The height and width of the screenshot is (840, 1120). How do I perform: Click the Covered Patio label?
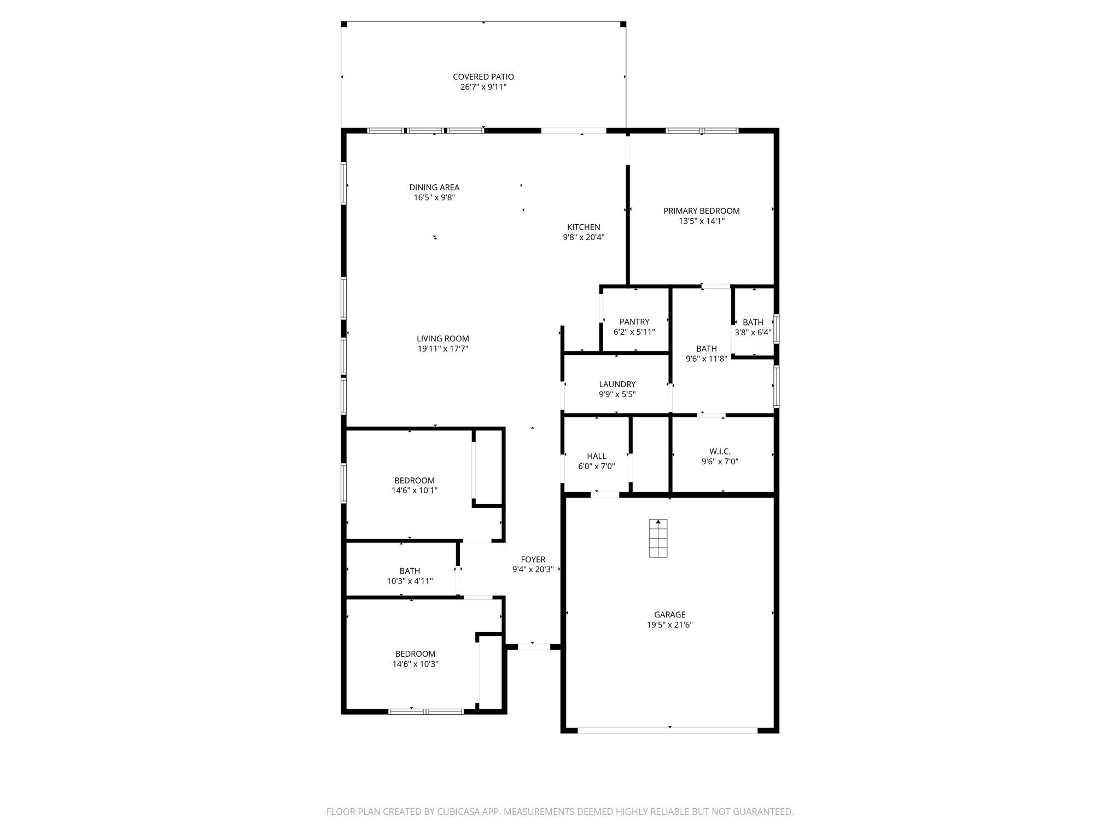coord(483,77)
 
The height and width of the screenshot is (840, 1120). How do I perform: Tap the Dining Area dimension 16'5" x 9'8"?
coord(434,197)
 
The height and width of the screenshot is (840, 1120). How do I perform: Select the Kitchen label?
coord(584,227)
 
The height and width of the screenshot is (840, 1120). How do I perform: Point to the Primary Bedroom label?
coord(701,211)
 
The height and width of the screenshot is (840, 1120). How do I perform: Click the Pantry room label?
coord(634,322)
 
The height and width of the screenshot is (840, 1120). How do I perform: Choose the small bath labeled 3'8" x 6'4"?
coord(753,327)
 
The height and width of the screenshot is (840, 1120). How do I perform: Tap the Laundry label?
coord(617,384)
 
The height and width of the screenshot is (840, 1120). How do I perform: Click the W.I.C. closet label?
coord(720,451)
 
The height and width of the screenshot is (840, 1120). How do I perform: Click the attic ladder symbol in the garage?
coord(658,538)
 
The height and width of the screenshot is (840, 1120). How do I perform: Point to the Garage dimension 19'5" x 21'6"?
coord(669,625)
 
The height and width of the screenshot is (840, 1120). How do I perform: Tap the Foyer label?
coord(533,559)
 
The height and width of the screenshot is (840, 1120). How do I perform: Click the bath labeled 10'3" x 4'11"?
coord(410,576)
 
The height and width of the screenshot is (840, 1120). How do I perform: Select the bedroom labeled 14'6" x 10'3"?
coord(415,659)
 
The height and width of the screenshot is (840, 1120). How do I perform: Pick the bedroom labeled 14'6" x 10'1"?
coord(415,486)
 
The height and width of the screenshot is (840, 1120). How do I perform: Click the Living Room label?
coord(442,339)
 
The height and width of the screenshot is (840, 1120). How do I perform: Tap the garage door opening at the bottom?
coord(668,730)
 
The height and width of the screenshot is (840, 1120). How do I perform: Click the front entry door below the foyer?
coord(534,646)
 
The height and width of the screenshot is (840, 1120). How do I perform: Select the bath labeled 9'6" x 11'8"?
coord(706,353)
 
